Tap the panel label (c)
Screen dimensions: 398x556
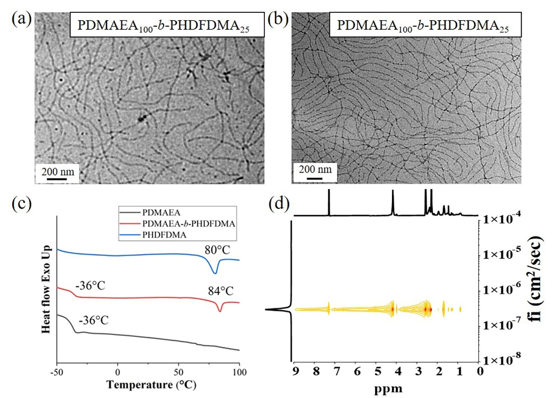(22, 204)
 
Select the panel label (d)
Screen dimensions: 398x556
(278, 204)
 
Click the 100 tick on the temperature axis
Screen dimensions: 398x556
(239, 372)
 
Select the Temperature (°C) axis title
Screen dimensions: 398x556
(148, 386)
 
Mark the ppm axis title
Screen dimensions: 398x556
(387, 386)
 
